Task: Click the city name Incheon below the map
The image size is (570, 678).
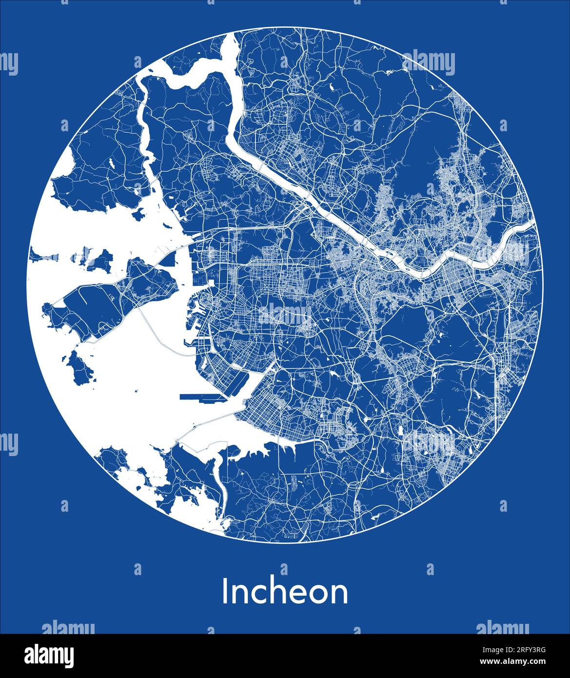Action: tap(285, 592)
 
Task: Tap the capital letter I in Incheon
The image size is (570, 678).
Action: tap(225, 592)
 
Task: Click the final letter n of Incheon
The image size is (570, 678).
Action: tap(339, 594)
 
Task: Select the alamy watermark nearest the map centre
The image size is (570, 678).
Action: tap(285, 312)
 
